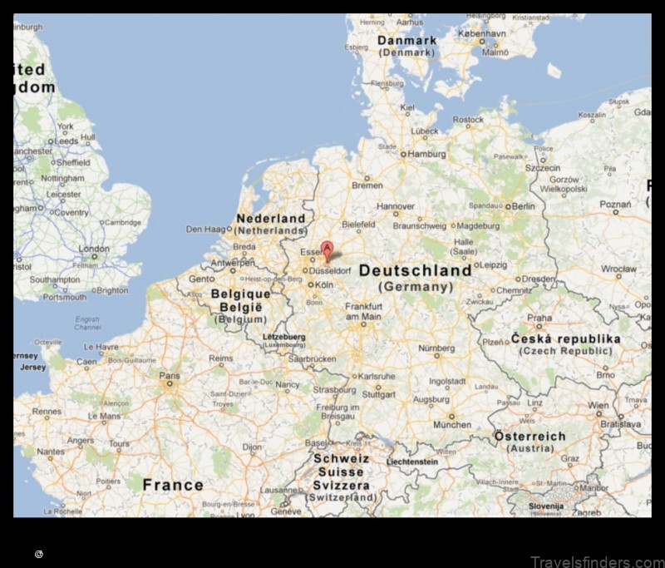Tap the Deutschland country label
click(415, 271)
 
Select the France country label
click(173, 485)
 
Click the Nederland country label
click(271, 219)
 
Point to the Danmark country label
click(407, 40)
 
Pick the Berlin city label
click(523, 206)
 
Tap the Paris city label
click(170, 377)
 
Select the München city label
click(452, 424)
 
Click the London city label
click(94, 249)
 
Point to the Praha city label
click(539, 318)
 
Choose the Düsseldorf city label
click(332, 270)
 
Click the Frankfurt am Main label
click(363, 311)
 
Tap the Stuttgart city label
click(379, 395)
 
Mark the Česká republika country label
click(565, 339)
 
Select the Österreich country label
click(530, 437)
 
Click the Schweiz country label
click(341, 459)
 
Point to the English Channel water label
click(86, 323)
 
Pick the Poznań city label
click(615, 205)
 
